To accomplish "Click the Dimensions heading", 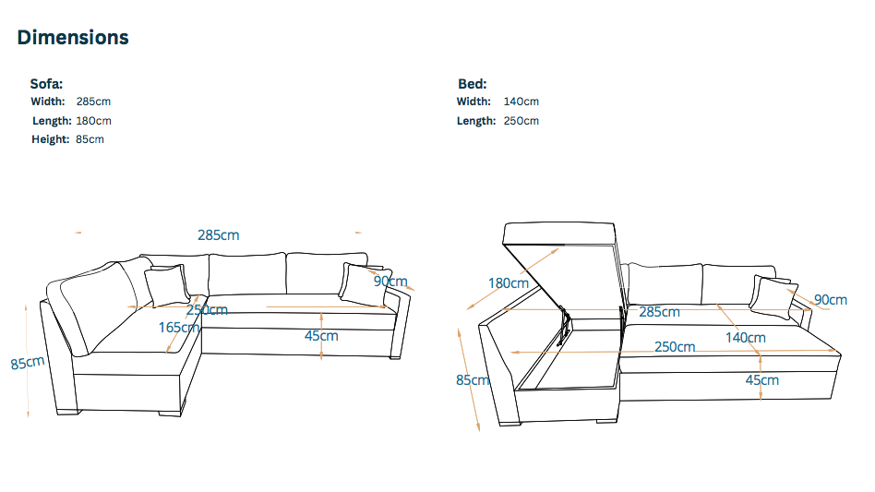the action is point(73,37).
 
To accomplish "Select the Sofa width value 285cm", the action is point(94,102).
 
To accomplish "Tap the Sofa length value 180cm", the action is point(94,121).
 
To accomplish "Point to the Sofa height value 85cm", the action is point(90,139).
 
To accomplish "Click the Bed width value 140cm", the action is point(521,102).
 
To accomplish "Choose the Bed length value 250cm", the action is point(521,121).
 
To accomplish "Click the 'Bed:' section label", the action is point(472,84).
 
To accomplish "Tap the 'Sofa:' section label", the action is point(46,84).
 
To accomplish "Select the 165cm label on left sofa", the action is point(179,328).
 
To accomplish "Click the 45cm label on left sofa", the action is point(321,336).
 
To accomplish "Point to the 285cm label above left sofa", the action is point(218,235).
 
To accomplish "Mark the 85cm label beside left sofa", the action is point(28,363).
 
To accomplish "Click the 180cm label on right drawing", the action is point(509,283).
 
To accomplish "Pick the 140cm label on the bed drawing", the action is point(746,338).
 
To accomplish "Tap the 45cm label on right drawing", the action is point(762,380).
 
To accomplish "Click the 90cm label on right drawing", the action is point(831,300).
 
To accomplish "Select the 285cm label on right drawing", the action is point(660,312).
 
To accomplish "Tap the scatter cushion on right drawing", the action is point(773,297).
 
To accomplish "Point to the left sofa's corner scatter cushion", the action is point(167,285).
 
